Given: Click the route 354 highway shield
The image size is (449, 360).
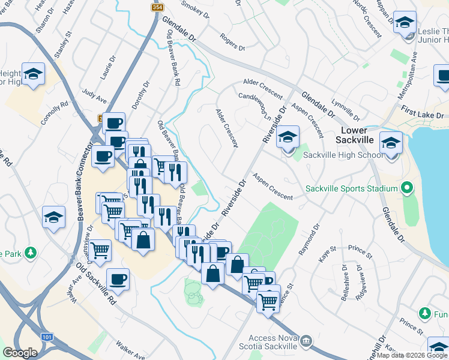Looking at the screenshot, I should [157, 7].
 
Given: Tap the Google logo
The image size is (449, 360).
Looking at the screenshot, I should [20, 353].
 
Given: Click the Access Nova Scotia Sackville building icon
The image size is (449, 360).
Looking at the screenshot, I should [307, 341].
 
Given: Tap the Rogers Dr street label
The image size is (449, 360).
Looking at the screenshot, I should [233, 42].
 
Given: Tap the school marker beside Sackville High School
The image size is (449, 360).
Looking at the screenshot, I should [288, 138].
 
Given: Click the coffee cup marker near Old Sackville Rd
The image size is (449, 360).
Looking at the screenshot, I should [118, 280].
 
